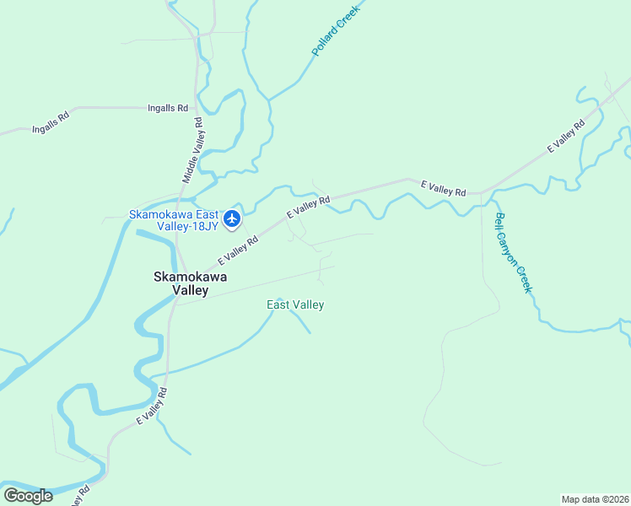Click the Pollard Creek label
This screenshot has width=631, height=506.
tap(336, 30)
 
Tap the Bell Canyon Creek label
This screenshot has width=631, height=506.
tap(514, 251)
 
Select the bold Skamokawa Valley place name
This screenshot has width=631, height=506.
tap(190, 283)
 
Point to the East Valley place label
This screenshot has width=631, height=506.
tap(295, 304)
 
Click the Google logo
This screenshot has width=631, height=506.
tap(28, 496)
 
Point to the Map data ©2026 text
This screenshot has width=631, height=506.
tap(595, 498)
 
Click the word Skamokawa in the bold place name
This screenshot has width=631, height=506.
tap(190, 276)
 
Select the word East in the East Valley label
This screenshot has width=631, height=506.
tap(278, 304)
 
